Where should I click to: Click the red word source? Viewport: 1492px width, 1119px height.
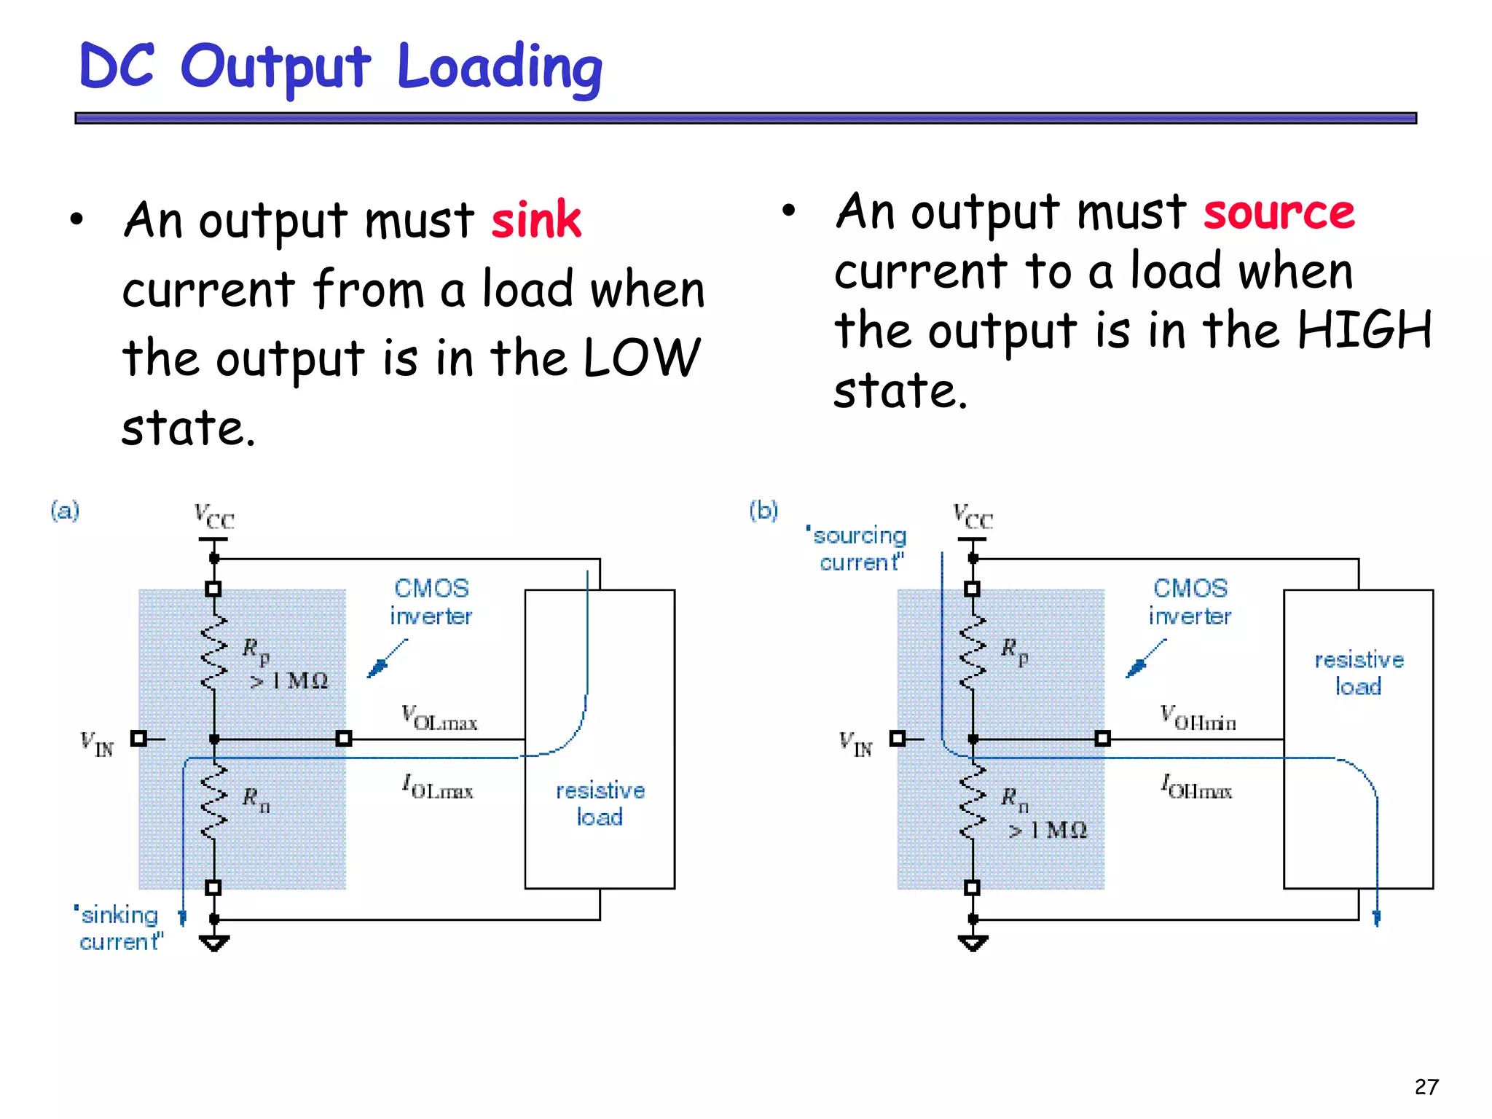pyautogui.click(x=1279, y=213)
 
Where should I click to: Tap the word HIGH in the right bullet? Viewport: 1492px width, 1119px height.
pyautogui.click(x=1365, y=330)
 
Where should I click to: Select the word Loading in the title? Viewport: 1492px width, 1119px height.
pyautogui.click(x=500, y=68)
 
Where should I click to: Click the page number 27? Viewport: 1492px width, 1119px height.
pyautogui.click(x=1426, y=1087)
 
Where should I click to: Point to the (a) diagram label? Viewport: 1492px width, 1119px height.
pyautogui.click(x=65, y=510)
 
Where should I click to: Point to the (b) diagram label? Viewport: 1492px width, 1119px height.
pyautogui.click(x=763, y=510)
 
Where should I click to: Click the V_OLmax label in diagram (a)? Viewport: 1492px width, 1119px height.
pyautogui.click(x=439, y=718)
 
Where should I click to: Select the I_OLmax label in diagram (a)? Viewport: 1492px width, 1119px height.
pyautogui.click(x=438, y=787)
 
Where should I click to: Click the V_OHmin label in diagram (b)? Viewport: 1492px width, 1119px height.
pyautogui.click(x=1198, y=718)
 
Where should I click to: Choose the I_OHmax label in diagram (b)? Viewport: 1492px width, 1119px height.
pyautogui.click(x=1197, y=787)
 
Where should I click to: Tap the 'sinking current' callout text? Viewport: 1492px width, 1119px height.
pyautogui.click(x=120, y=928)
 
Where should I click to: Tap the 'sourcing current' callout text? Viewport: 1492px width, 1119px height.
pyautogui.click(x=858, y=549)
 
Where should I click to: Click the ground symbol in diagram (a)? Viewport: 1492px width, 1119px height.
pyautogui.click(x=214, y=943)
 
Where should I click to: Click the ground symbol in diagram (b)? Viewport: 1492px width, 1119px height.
pyautogui.click(x=973, y=943)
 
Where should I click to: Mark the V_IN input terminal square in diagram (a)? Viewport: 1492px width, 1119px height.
pyautogui.click(x=138, y=739)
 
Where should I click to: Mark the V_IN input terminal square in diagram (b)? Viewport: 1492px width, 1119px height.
pyautogui.click(x=898, y=739)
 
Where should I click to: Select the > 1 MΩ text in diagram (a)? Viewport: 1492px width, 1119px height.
pyautogui.click(x=289, y=681)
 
